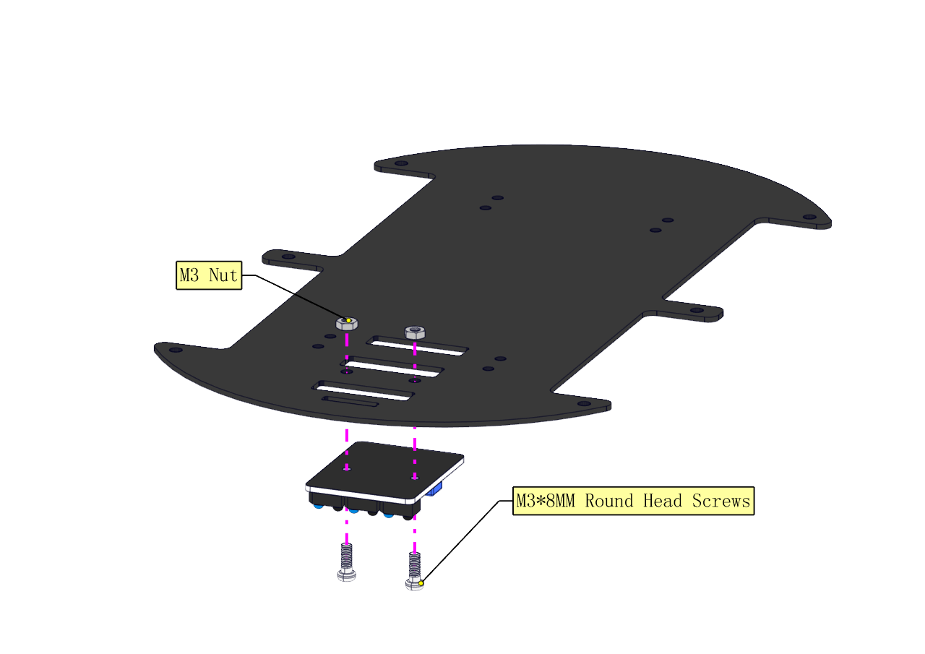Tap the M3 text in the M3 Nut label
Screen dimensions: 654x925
[x=190, y=275]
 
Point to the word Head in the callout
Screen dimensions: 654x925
[x=663, y=501]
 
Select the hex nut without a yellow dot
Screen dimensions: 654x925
[x=415, y=332]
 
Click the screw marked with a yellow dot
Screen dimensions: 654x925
[x=414, y=572]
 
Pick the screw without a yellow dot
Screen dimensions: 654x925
[x=347, y=563]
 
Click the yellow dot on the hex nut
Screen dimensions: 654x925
[x=348, y=320]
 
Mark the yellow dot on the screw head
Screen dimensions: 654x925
[x=421, y=582]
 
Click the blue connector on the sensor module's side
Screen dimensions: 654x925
[x=435, y=491]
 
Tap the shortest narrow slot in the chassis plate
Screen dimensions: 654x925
[x=350, y=401]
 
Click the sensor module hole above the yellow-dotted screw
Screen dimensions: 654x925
[x=415, y=477]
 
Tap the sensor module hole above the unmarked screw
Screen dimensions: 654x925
[x=347, y=468]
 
